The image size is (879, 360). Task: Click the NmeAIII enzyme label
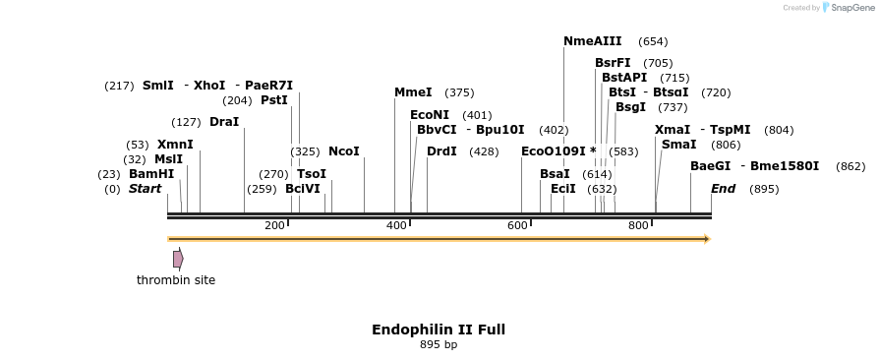pos(592,41)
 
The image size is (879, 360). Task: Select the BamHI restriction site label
pos(151,174)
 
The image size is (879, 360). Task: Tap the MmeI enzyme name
pos(413,92)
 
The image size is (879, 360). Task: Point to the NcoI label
pos(344,151)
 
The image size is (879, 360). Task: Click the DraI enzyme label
pos(224,122)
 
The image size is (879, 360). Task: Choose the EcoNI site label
pos(430,115)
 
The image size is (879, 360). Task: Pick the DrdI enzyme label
pos(442,151)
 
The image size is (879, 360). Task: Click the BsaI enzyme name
pos(555,174)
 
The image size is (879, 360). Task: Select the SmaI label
pos(678,145)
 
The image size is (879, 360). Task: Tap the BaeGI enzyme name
pos(710,166)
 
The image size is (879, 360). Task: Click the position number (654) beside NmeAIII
pos(653,42)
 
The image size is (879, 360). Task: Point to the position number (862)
pos(850,167)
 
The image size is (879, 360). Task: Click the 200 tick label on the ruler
pos(274,226)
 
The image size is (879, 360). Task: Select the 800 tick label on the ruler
pos(638,226)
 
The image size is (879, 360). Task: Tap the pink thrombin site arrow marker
pos(178,259)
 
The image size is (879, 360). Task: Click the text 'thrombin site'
pos(176,280)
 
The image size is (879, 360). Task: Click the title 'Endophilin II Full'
pos(439,330)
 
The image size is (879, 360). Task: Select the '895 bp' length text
pos(439,345)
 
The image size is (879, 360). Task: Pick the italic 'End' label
pos(723,189)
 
